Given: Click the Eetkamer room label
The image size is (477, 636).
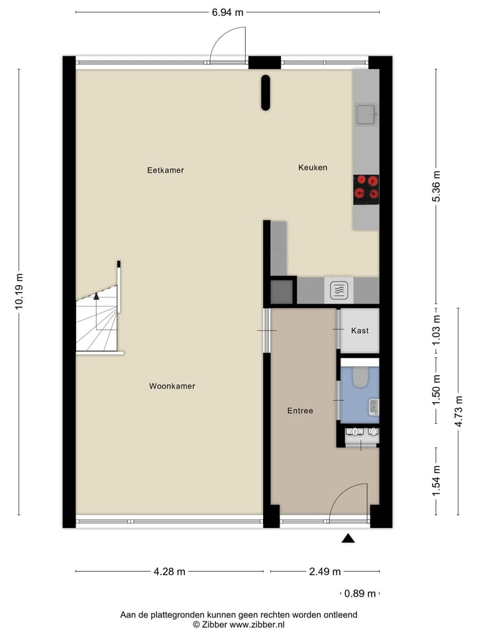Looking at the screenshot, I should click(x=165, y=170).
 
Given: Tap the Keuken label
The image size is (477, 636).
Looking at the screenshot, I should click(x=313, y=168).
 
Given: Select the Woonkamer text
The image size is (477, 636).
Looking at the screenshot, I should click(x=172, y=386).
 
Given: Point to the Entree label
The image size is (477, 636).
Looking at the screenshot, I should click(x=299, y=411).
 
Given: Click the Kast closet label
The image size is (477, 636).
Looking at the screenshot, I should click(x=360, y=331).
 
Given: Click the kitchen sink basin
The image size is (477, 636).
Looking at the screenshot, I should click(x=364, y=115).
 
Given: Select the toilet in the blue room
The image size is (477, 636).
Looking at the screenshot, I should click(x=360, y=377).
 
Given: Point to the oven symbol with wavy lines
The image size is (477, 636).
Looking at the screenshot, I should click(x=339, y=290).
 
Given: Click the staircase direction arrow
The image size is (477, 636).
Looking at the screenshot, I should click(x=97, y=296).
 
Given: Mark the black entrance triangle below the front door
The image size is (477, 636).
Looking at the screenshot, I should click(x=348, y=539).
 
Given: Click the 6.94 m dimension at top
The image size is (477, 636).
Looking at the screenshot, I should click(x=227, y=13).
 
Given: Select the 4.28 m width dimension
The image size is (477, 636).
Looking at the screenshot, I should click(x=169, y=572).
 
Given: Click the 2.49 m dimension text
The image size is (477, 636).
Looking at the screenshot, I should click(x=325, y=572).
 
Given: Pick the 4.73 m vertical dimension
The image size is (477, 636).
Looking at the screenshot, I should click(x=458, y=411).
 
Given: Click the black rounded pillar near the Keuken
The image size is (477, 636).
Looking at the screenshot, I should click(x=265, y=93).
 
